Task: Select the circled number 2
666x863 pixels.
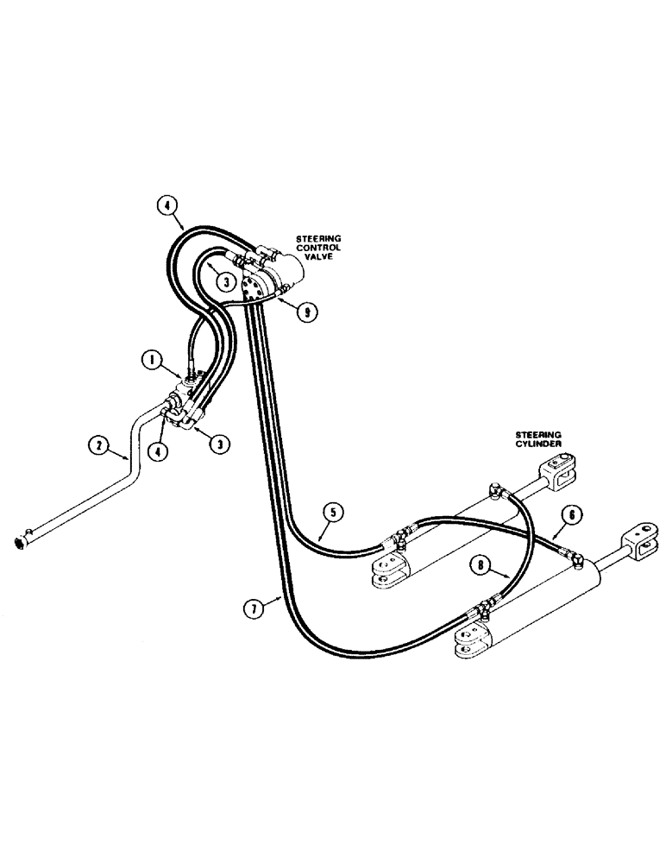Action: click(101, 445)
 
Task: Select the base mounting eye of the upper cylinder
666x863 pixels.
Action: click(386, 572)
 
